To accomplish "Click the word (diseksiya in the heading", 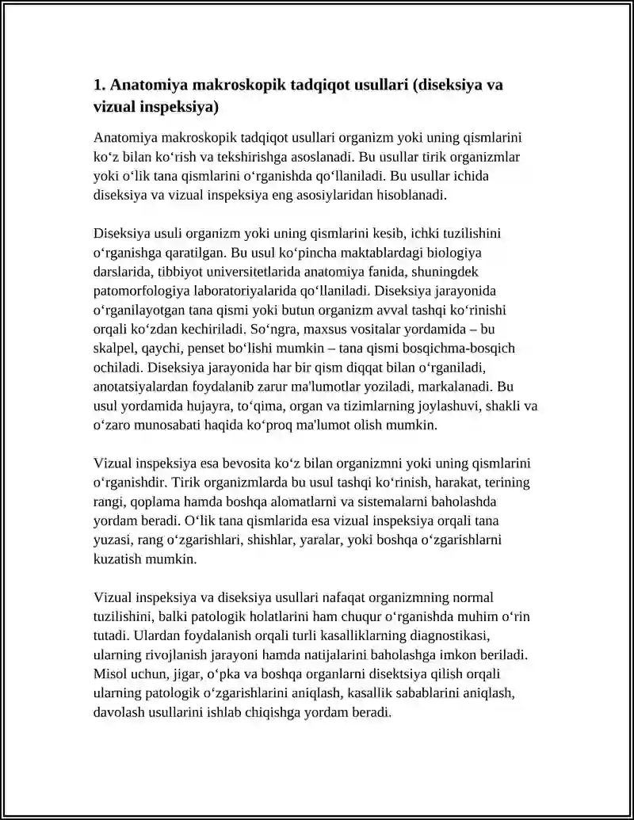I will pyautogui.click(x=446, y=85).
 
